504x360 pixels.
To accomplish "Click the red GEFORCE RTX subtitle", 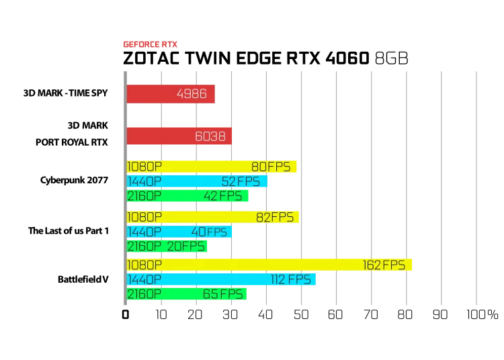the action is pos(150,44).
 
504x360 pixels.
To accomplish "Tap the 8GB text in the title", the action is pos(392,58).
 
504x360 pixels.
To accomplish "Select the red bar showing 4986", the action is pos(171,94).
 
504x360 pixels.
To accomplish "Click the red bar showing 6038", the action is pos(179,136).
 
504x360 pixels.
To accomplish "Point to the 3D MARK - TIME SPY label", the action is pos(66,93).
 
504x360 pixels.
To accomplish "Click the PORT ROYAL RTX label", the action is pos(72,142).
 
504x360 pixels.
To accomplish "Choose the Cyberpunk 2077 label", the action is pos(74,180).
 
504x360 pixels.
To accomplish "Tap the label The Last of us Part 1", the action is pos(69,230).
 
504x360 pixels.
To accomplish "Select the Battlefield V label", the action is pos(83,279).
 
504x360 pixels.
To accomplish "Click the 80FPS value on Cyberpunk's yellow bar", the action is pos(271,167).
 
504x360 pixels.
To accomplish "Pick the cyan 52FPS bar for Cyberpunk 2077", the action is pos(197,181).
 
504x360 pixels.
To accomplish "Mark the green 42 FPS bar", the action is pos(187,196).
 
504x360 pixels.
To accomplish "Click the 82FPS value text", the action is pos(275,218).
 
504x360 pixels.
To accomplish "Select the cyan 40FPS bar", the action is pos(179,232).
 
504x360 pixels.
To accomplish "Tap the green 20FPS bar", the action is pos(167,246).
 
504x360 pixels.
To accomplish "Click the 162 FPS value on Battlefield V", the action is pos(384,265).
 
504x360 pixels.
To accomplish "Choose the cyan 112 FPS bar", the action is pos(221,279).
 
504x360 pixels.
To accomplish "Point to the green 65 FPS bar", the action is pos(186,294).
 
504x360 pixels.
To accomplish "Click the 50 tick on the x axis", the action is pos(301,315).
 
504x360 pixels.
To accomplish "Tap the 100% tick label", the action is pos(482,315).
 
